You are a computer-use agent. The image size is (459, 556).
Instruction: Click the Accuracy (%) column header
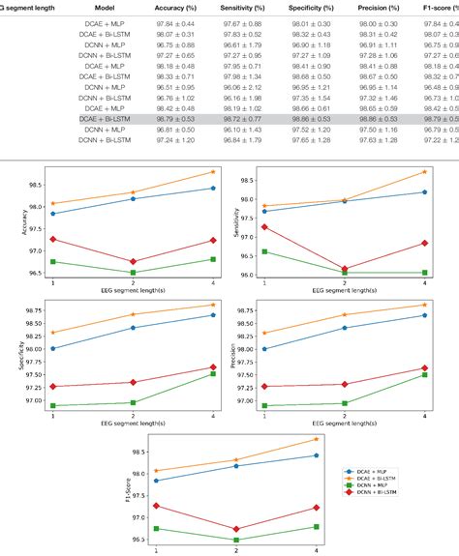pos(185,7)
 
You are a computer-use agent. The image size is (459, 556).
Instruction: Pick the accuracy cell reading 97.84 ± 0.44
pos(185,23)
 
